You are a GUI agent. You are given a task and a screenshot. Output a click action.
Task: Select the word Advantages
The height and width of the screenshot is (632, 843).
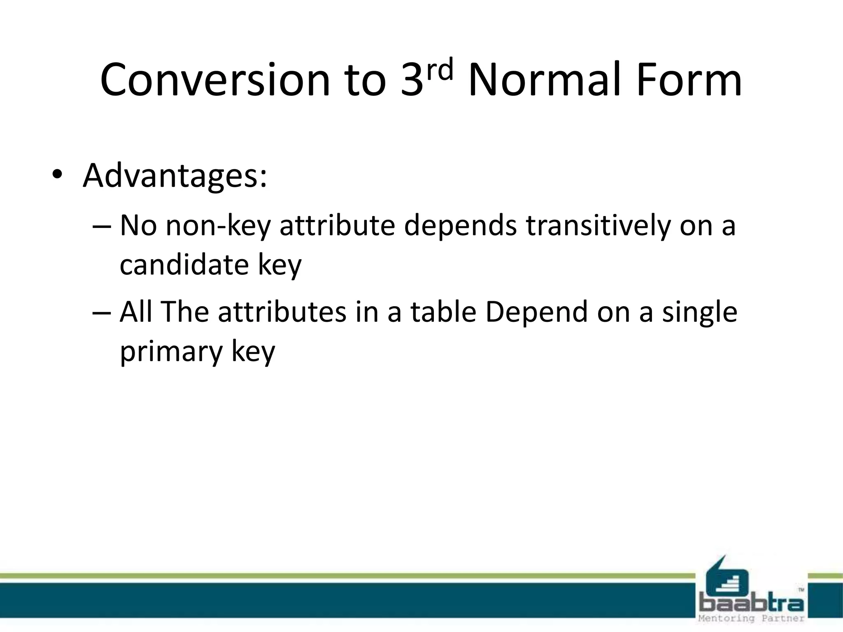coord(175,176)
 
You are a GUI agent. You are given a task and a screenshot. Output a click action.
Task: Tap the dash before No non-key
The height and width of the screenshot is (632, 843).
coord(102,226)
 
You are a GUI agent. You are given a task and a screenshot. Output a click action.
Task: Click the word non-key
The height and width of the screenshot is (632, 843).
coord(218,226)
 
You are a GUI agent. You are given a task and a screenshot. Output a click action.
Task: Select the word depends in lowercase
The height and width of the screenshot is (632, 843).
coord(460,226)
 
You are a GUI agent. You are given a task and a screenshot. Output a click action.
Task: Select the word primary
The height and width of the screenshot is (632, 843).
coord(171,352)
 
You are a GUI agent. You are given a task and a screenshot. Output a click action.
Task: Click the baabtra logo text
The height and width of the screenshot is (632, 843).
coord(752,604)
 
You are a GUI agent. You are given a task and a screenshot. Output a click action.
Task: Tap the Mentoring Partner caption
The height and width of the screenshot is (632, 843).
coord(752,618)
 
